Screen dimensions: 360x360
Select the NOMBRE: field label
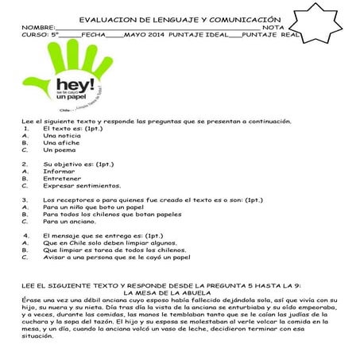tap(39, 27)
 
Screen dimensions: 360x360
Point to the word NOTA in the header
tap(273, 27)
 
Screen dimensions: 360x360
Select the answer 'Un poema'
tap(59, 149)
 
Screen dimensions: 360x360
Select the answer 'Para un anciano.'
tap(72, 221)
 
